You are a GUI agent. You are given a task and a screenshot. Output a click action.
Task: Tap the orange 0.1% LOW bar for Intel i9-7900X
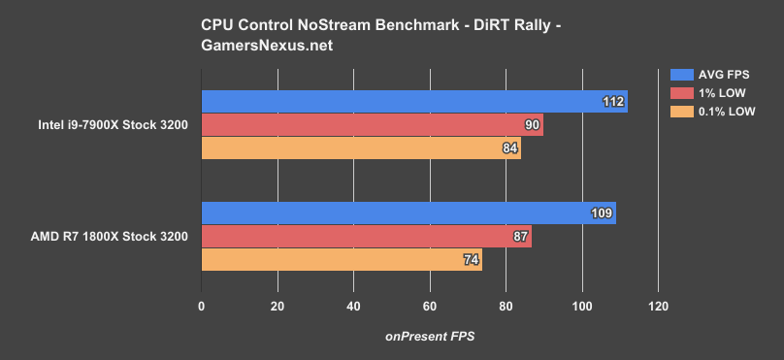pos(360,148)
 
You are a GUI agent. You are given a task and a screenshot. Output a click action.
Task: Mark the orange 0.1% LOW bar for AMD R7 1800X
pos(341,260)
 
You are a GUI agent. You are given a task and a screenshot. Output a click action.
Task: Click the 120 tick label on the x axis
pos(658,307)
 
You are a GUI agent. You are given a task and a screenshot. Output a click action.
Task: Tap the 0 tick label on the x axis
pos(201,307)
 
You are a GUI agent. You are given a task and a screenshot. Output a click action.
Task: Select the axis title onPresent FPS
pos(429,336)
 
